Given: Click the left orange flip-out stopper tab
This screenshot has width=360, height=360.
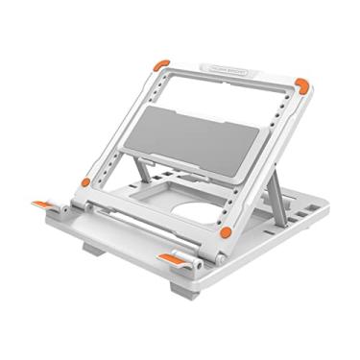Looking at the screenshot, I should [43, 204].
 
